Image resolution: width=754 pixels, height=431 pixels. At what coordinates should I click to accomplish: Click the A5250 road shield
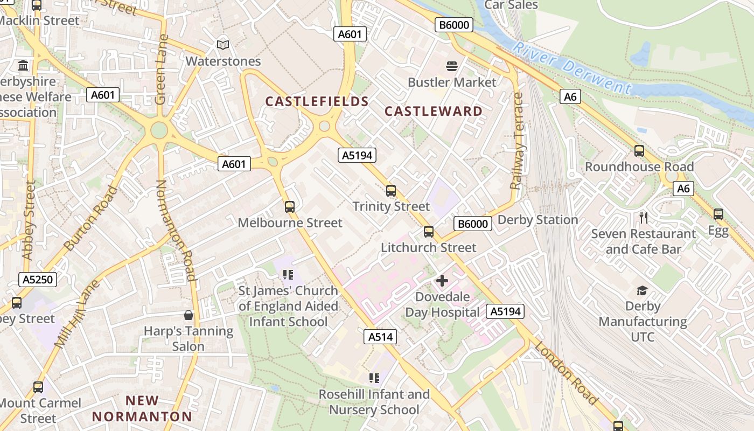38,279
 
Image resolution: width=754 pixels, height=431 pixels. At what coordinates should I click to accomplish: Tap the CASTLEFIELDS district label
317,101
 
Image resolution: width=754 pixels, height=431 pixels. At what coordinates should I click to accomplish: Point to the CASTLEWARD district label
434,112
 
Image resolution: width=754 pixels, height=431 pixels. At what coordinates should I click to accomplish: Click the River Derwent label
571,68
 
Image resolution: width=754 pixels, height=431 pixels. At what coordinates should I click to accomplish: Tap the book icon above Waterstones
223,45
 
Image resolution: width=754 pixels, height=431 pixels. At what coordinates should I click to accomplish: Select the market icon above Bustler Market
452,66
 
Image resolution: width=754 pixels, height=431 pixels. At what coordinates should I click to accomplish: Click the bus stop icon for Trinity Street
391,190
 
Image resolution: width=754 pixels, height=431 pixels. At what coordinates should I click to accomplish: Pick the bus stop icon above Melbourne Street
290,206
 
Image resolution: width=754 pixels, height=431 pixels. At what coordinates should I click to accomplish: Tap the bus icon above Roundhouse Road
639,151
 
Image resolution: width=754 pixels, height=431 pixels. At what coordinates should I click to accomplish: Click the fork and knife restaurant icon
644,218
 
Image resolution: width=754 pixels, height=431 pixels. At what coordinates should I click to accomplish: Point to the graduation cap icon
642,291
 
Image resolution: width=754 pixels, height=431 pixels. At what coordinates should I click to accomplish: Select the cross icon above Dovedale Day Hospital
442,281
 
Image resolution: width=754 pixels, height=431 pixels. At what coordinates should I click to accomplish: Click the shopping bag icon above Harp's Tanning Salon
188,315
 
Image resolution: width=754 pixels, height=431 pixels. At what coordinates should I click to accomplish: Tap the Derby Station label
537,220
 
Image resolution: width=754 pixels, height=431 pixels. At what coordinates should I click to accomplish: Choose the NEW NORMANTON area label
142,408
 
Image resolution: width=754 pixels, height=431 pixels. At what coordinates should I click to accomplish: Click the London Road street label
567,373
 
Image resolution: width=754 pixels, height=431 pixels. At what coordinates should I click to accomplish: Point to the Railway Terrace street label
518,141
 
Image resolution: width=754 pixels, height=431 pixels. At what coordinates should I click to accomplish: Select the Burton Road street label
90,218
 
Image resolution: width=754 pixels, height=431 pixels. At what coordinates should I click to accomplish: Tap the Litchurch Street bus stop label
429,248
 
